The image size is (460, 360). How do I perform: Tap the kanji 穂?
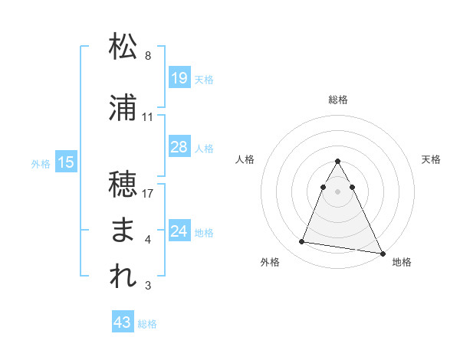click(x=123, y=185)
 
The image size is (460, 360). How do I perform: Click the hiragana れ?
click(x=123, y=277)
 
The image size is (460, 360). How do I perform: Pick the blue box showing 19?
click(x=179, y=78)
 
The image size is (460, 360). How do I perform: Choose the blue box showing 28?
click(x=179, y=147)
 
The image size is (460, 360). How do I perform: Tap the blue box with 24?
click(x=179, y=231)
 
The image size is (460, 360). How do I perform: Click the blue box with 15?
click(x=66, y=162)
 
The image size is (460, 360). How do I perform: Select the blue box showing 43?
click(x=123, y=322)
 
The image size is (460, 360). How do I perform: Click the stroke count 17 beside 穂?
click(x=149, y=194)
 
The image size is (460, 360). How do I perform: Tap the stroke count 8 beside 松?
click(x=148, y=56)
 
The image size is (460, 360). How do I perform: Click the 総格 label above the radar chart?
click(x=338, y=100)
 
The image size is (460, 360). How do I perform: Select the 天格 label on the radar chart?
click(x=432, y=159)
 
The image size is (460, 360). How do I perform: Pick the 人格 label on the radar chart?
click(x=245, y=159)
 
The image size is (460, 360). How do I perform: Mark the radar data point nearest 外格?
click(x=301, y=242)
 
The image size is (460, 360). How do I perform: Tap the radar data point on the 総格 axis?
click(x=338, y=161)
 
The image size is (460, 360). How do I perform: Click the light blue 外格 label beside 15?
click(x=41, y=163)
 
